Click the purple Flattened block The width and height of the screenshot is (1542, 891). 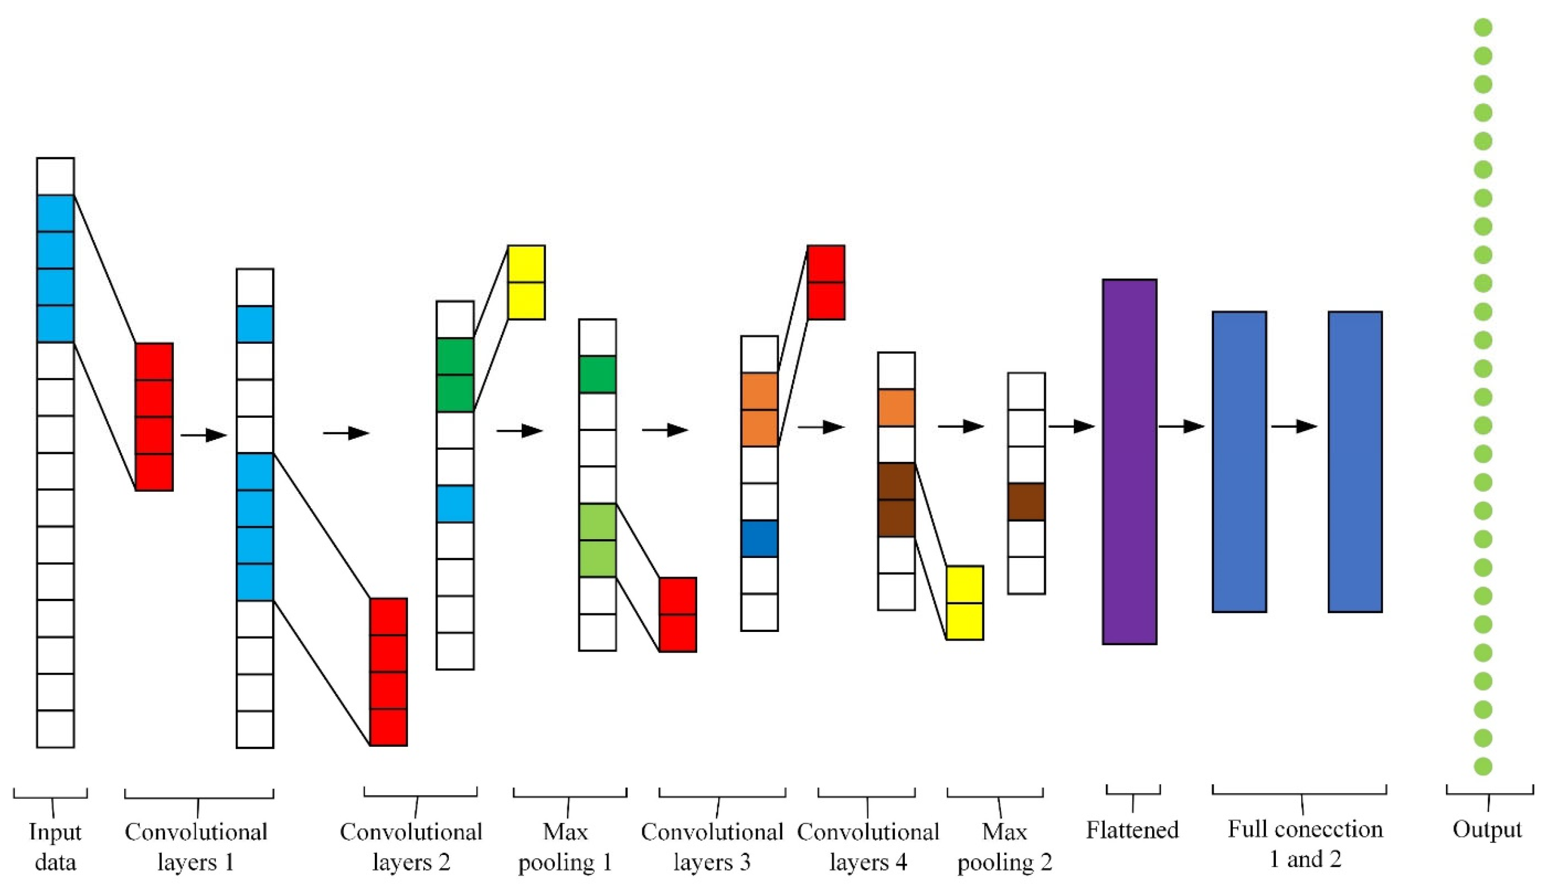click(x=1129, y=461)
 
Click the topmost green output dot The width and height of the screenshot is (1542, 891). click(x=1482, y=28)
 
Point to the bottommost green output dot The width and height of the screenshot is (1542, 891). click(x=1482, y=766)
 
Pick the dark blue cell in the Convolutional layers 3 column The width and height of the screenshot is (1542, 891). click(x=760, y=539)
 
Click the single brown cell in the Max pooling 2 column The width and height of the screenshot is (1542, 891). click(x=1026, y=502)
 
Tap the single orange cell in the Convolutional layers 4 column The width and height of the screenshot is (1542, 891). click(x=896, y=408)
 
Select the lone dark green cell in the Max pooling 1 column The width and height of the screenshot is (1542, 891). click(x=597, y=374)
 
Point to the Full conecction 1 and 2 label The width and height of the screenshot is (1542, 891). click(x=1305, y=845)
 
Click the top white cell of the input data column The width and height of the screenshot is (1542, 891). click(x=55, y=176)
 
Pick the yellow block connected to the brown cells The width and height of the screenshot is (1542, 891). click(x=965, y=603)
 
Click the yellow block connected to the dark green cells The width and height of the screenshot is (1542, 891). click(x=526, y=282)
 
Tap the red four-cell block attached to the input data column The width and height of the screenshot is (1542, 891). click(x=154, y=417)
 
